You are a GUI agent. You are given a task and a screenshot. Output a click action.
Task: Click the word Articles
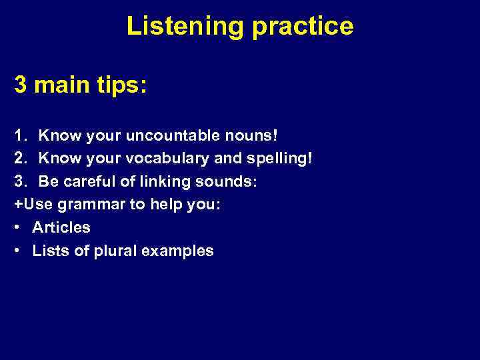61,227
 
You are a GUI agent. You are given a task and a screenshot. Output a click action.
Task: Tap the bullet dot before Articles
17,228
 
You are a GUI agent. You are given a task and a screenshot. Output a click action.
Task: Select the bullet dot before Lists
17,251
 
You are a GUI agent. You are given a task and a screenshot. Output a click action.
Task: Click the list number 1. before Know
20,135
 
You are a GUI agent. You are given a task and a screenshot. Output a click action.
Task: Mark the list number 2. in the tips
20,159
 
